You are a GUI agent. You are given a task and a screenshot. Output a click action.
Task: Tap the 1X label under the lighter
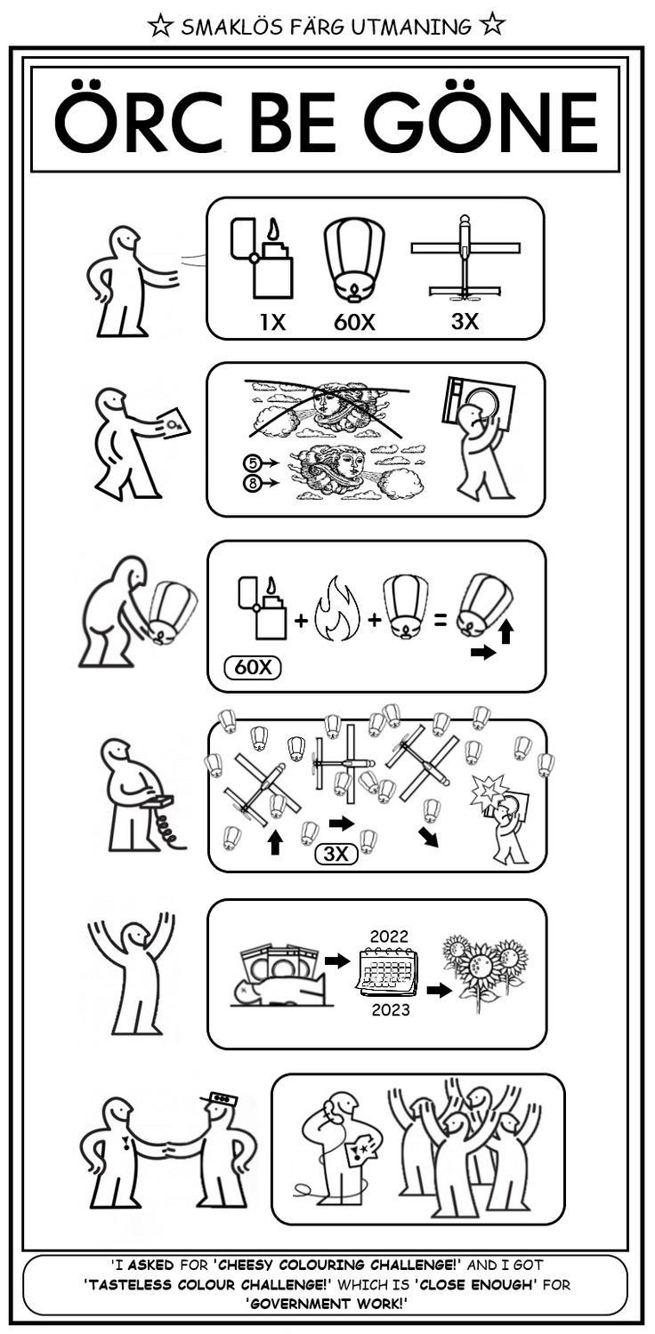(272, 322)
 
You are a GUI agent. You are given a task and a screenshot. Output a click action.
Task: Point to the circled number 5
(252, 462)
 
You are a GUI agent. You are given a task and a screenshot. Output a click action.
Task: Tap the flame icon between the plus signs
(340, 611)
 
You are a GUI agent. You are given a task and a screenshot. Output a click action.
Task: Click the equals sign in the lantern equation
(440, 620)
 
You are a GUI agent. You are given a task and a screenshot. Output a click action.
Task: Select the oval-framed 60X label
(252, 666)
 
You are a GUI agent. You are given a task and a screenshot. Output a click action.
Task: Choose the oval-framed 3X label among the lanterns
(336, 855)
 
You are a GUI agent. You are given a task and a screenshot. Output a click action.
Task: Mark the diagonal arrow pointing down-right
(428, 836)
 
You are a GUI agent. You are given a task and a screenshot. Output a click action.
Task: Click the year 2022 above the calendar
(389, 936)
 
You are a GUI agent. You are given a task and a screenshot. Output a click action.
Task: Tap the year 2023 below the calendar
(391, 1009)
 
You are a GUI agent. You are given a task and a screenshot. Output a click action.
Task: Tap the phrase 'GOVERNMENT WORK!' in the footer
(327, 1303)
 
